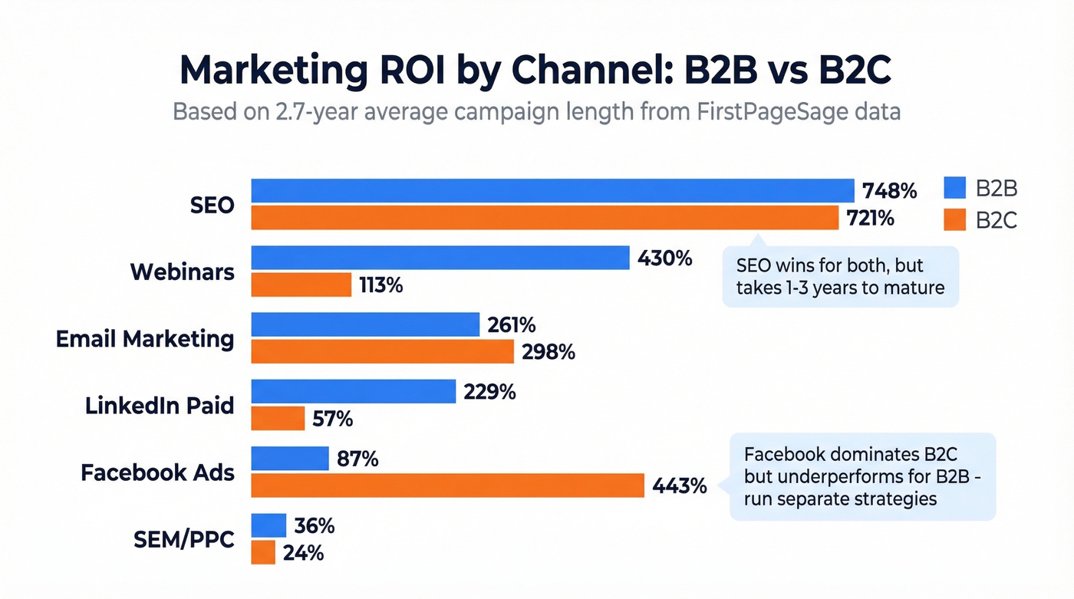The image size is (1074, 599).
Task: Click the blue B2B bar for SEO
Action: [552, 190]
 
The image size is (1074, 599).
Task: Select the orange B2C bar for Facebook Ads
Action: [447, 485]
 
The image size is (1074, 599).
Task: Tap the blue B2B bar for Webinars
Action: [440, 258]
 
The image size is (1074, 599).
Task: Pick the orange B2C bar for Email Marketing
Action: [382, 352]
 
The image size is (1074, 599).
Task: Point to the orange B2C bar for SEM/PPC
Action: [263, 552]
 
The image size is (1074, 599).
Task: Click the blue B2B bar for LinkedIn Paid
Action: [354, 391]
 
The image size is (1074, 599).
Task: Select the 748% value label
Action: [889, 190]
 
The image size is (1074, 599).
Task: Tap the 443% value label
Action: [679, 485]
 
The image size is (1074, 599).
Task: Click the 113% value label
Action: [381, 285]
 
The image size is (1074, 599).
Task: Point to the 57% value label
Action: [332, 419]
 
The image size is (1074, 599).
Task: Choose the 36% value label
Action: [314, 525]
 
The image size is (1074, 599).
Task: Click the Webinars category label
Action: [182, 272]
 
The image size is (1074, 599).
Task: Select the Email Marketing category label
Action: [145, 338]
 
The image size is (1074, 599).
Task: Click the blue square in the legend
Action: [954, 189]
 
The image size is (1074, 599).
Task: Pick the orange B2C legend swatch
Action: [954, 220]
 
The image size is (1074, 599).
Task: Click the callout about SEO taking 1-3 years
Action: [840, 277]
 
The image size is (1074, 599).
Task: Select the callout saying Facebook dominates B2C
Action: [862, 476]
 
